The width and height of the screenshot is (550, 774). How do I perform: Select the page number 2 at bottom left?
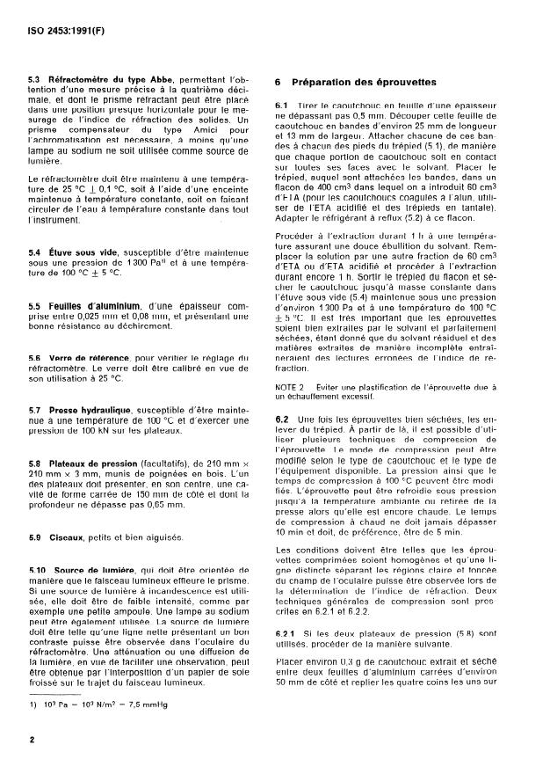click(32, 741)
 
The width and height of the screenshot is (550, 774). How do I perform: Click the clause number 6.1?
click(282, 106)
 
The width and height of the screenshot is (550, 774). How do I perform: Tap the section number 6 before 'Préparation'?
click(278, 82)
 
